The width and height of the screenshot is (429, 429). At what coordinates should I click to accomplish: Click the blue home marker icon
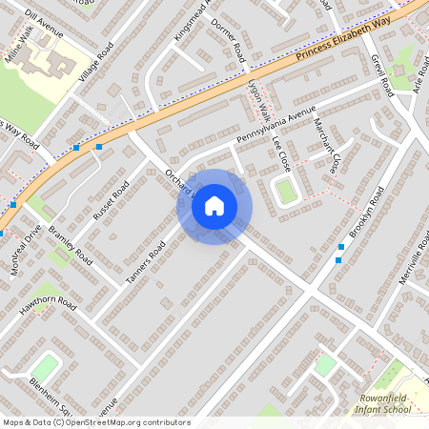(214, 205)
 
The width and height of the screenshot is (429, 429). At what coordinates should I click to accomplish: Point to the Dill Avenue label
(44, 25)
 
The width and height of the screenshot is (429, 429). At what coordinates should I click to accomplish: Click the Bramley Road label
(71, 245)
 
